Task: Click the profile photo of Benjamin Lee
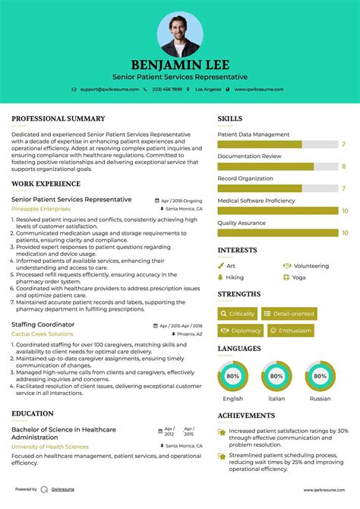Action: click(x=180, y=34)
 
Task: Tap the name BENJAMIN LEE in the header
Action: click(x=180, y=65)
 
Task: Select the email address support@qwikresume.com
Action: click(x=110, y=90)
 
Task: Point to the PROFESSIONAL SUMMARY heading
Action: click(x=58, y=119)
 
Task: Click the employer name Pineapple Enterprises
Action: click(x=40, y=208)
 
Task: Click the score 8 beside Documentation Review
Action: click(x=344, y=166)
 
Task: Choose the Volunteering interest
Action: click(x=311, y=267)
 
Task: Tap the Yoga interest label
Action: click(x=298, y=277)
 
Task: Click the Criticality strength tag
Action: click(x=237, y=314)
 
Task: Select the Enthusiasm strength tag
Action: click(x=289, y=330)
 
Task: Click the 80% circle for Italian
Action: click(x=276, y=376)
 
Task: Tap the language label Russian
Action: click(x=320, y=399)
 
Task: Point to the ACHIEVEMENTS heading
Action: click(x=246, y=416)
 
